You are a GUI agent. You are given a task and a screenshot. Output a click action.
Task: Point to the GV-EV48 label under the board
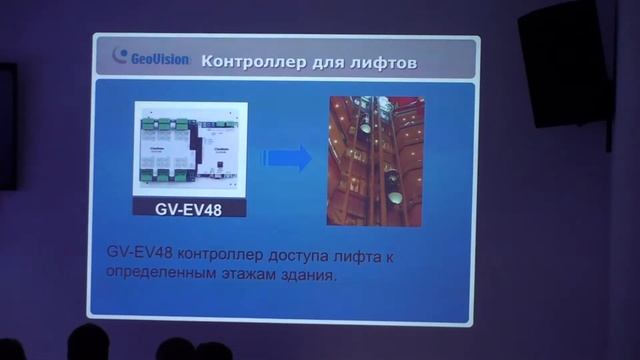[189, 210]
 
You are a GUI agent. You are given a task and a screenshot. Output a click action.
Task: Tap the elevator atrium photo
[375, 160]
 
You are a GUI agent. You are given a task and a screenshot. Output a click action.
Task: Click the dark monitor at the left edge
[7, 125]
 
